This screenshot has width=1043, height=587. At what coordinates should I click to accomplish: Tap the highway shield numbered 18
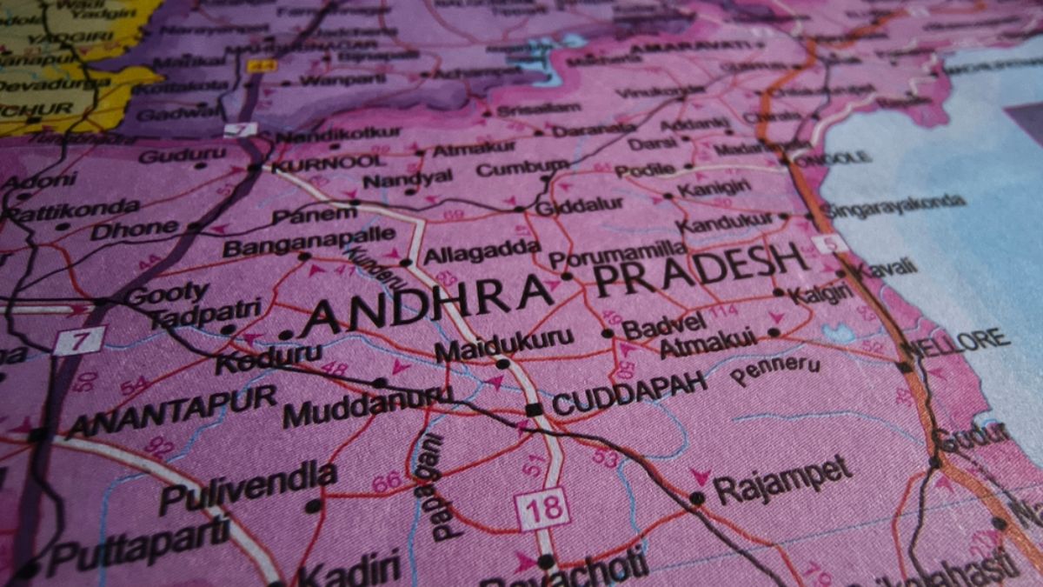[542, 509]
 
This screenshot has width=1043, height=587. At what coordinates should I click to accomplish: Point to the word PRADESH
[700, 268]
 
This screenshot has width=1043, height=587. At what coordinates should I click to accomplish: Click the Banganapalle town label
[309, 241]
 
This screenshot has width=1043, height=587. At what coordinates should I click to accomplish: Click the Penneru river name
[774, 370]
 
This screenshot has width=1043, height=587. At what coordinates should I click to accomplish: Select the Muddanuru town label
[367, 405]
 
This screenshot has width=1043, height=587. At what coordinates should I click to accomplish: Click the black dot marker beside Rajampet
[696, 498]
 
